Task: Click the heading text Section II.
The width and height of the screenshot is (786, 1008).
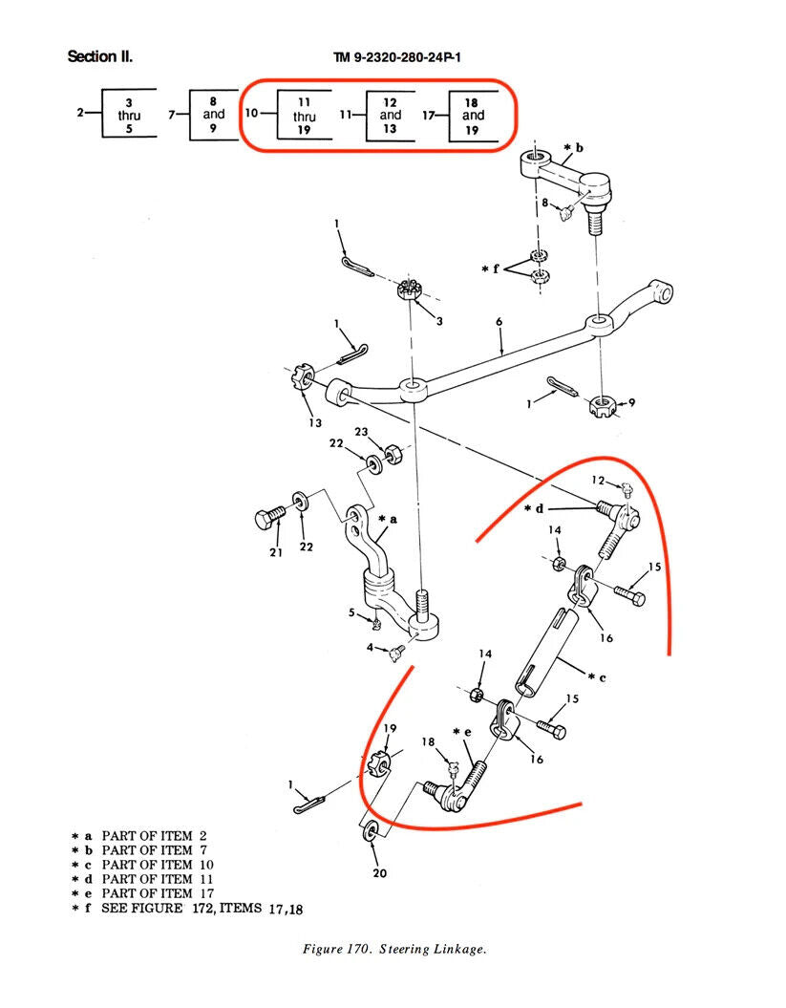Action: coord(99,56)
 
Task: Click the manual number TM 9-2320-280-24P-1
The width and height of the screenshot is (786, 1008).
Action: coord(396,57)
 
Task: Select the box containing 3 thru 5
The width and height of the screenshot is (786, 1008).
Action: coord(129,116)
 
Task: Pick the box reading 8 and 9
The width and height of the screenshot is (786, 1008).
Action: coord(213,115)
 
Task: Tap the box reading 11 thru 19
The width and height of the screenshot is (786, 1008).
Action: coord(304,116)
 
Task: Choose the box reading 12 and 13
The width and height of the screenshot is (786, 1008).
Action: coord(390,115)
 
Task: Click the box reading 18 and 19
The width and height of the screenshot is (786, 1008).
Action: coord(472,116)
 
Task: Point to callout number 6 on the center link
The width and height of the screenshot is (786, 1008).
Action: coord(499,323)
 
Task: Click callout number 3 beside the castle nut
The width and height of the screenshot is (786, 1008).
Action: coord(438,322)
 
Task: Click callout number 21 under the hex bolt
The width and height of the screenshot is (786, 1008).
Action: coord(276,552)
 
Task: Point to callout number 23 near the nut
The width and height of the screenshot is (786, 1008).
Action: coord(361,432)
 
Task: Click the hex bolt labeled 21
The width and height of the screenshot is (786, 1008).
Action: coord(267,519)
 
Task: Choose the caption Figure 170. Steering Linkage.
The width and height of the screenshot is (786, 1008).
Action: coord(394,949)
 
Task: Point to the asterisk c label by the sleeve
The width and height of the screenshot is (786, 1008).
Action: coord(598,677)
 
